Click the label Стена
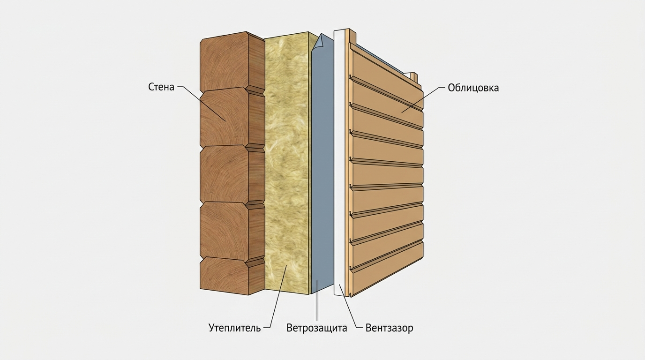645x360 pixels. (x=161, y=87)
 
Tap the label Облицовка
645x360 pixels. (x=473, y=88)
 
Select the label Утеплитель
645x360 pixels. (x=235, y=328)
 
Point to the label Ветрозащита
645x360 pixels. (x=317, y=328)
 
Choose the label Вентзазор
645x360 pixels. (x=390, y=328)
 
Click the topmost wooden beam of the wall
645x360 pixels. (x=232, y=62)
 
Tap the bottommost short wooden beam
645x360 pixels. (x=232, y=275)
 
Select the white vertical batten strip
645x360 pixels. (x=339, y=163)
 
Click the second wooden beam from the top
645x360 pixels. (x=232, y=119)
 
